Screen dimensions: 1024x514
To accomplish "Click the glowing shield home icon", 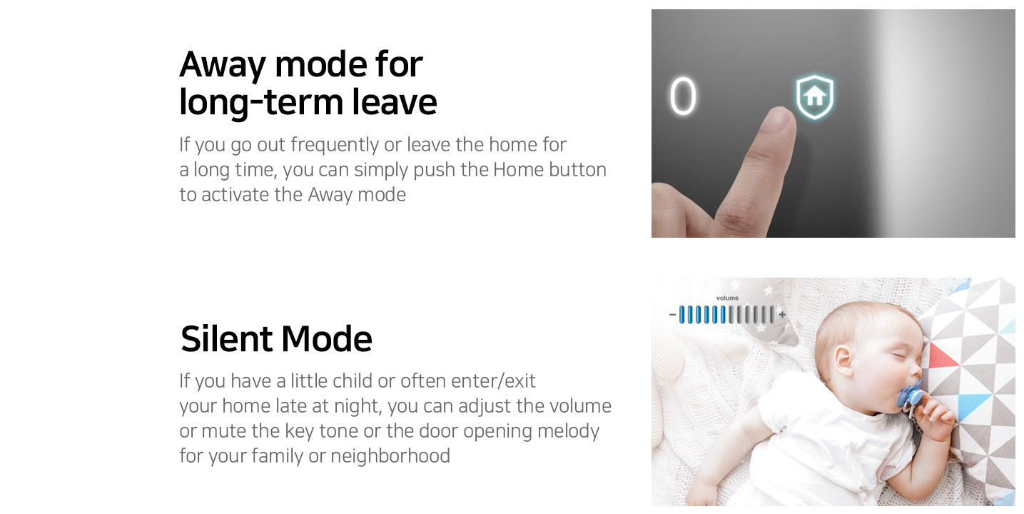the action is click(815, 97).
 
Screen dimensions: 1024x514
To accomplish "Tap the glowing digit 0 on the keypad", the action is click(683, 96).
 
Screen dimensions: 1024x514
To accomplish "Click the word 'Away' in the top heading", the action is click(223, 65).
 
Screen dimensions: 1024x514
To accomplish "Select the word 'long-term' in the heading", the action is click(260, 103).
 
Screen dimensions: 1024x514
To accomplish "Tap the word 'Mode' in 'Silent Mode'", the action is click(327, 339).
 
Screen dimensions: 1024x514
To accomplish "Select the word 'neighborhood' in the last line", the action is click(390, 456).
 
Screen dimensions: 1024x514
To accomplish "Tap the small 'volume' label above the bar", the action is click(727, 298).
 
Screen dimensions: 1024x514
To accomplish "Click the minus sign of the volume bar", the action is click(672, 315).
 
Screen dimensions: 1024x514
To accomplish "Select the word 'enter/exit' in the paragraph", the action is click(493, 381).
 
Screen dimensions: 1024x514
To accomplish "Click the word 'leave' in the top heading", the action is click(395, 102).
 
